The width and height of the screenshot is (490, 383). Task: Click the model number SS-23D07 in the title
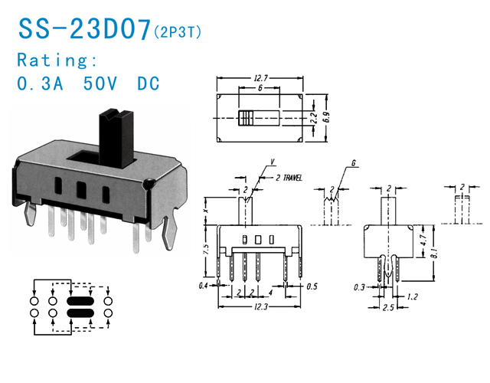tap(84, 28)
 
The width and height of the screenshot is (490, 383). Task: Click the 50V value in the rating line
tap(103, 83)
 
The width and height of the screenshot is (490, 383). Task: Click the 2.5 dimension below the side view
tap(389, 308)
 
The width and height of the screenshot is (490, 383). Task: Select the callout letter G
tap(353, 164)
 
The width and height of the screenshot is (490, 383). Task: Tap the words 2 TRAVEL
tap(287, 177)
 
